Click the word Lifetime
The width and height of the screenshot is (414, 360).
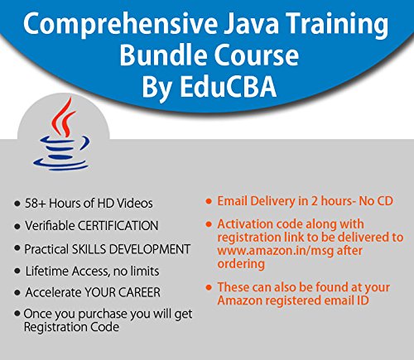50,271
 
